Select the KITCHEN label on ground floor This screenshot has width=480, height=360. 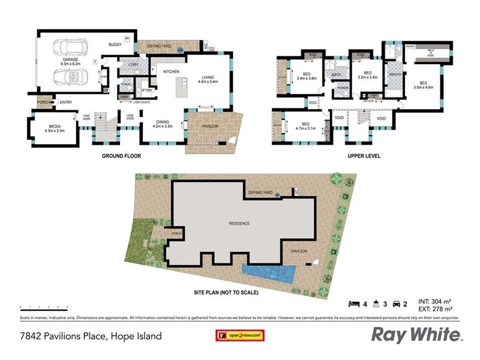pyautogui.click(x=171, y=72)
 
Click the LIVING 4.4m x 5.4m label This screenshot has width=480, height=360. pyautogui.click(x=208, y=79)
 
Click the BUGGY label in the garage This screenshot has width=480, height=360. pyautogui.click(x=115, y=44)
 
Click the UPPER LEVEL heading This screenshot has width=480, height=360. pyautogui.click(x=364, y=156)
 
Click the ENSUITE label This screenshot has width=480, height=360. pyautogui.click(x=395, y=74)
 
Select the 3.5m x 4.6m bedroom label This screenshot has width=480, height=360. pyautogui.click(x=423, y=85)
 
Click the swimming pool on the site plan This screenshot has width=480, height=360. pyautogui.click(x=268, y=275)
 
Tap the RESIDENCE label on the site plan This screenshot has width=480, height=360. pyautogui.click(x=239, y=223)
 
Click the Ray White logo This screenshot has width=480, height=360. pyautogui.click(x=416, y=334)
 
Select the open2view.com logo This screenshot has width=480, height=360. pyautogui.click(x=236, y=335)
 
